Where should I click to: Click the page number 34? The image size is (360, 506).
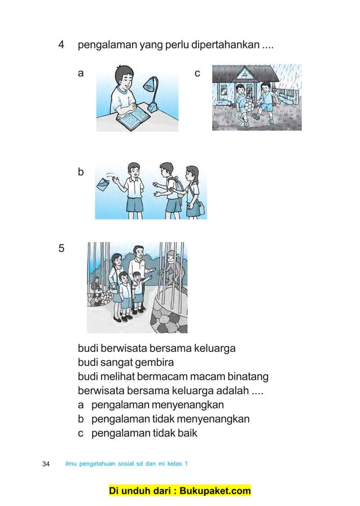tap(47, 464)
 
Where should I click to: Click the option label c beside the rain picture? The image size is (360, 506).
tap(197, 73)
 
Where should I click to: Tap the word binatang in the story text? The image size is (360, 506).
tap(244, 376)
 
